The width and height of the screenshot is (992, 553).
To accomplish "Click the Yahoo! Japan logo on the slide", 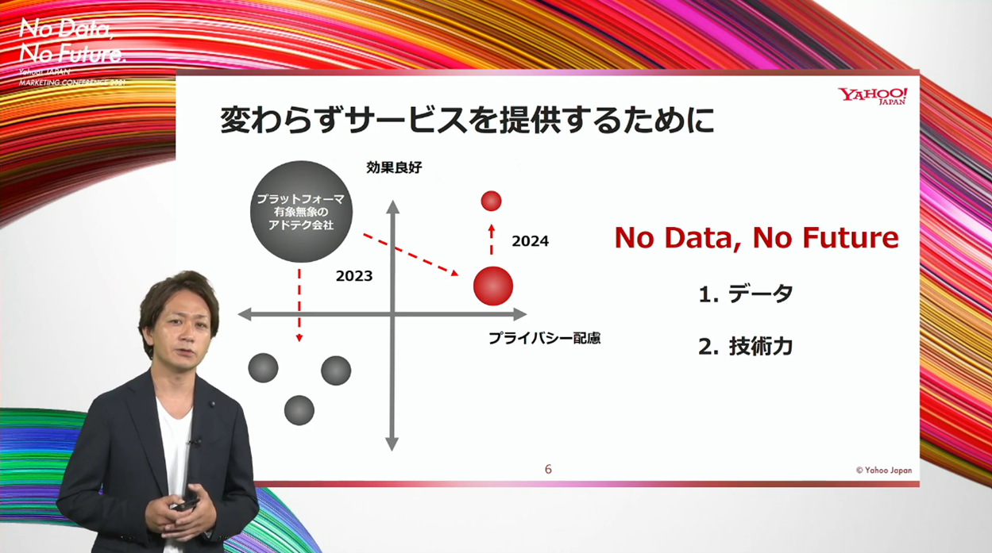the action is point(872,95).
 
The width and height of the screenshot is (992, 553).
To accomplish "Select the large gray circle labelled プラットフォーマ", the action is point(301,212).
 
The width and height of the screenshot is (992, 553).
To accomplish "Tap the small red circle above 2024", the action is point(491,201).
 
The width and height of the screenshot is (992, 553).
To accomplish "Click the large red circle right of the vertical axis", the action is point(493,286).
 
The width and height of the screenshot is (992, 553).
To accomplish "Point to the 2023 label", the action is point(354,276).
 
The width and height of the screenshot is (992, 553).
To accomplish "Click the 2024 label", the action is point(530,241).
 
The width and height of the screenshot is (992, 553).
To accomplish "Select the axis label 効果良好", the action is point(394,167).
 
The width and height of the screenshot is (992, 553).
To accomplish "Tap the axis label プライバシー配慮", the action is point(544,339).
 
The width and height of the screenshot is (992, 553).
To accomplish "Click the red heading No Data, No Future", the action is point(756,238).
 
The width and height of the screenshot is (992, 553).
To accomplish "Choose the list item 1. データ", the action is point(746,294).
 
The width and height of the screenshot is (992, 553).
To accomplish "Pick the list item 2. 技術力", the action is point(746,347).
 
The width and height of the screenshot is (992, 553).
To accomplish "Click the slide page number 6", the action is point(548,470).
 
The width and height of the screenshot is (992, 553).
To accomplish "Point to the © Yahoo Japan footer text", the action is point(884,470).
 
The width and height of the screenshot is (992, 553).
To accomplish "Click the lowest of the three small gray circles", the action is point(299,410).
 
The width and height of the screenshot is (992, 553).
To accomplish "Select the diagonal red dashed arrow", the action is point(411,255).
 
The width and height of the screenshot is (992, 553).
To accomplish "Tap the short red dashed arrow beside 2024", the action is point(491,240).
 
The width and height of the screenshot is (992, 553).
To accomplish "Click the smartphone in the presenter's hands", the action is point(186,504).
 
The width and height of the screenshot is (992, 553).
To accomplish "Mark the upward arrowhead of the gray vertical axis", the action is point(393,207).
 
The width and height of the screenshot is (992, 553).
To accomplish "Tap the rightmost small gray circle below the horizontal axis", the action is point(336,371).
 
